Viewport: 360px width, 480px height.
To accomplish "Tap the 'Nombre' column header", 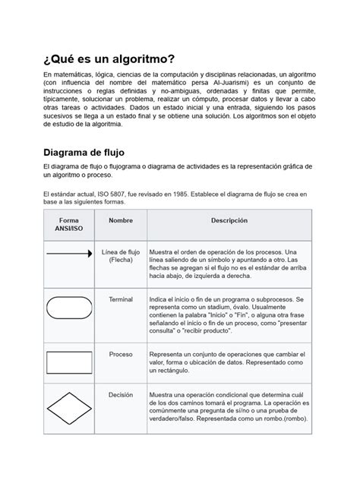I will pyautogui.click(x=120, y=220).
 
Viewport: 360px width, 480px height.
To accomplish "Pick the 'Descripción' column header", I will pyautogui.click(x=229, y=220).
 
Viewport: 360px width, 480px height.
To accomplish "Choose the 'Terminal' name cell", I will pyautogui.click(x=120, y=300).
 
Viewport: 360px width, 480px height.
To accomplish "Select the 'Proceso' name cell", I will pyautogui.click(x=120, y=354).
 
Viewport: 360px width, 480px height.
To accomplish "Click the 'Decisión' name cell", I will pyautogui.click(x=120, y=395).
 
